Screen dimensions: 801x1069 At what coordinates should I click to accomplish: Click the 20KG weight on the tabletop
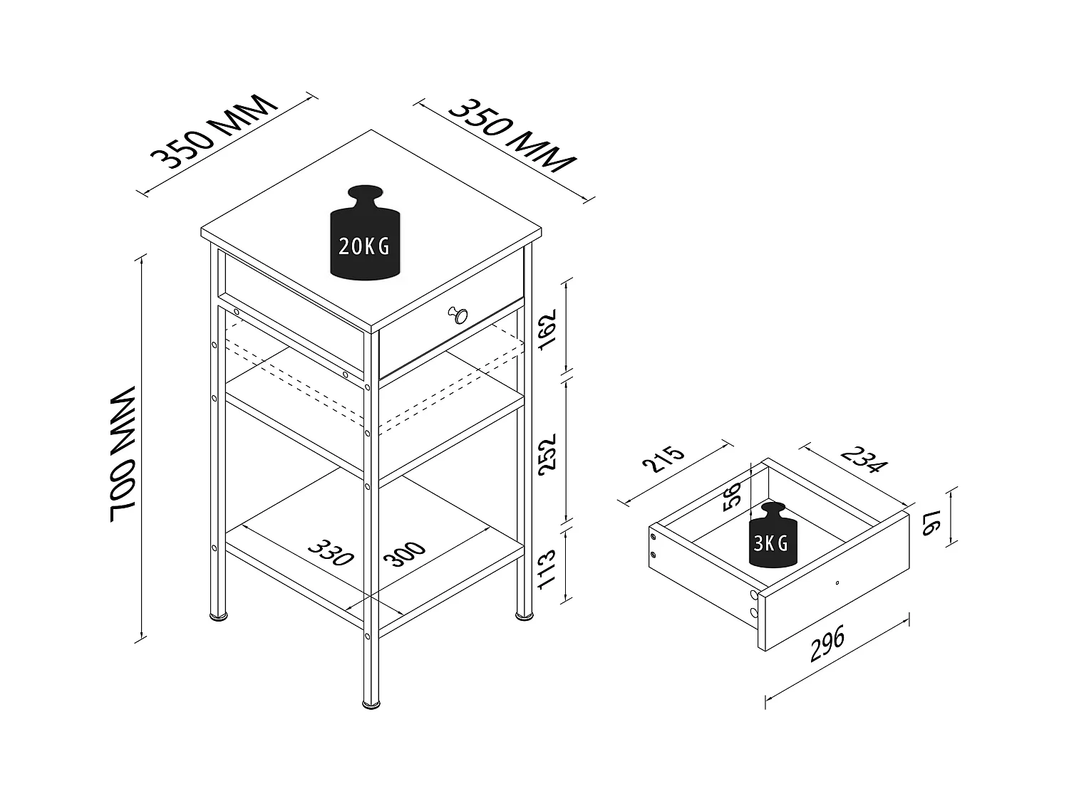pyautogui.click(x=364, y=235)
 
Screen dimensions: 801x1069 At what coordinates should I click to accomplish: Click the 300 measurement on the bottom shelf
pyautogui.click(x=404, y=553)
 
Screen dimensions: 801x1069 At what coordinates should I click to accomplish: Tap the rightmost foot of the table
pyautogui.click(x=525, y=614)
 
